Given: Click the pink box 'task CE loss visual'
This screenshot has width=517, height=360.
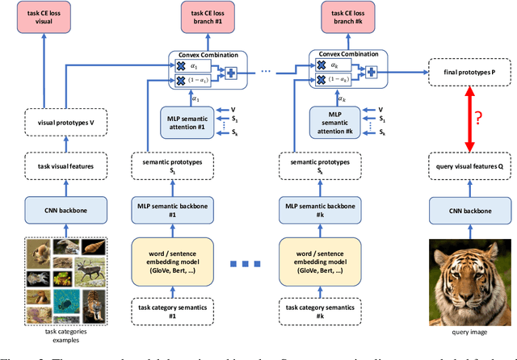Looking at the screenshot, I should click(x=55, y=17).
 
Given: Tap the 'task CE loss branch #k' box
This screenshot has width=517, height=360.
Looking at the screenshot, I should click(x=336, y=17).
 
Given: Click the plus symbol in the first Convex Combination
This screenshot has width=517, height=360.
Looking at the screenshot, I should click(x=231, y=73).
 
